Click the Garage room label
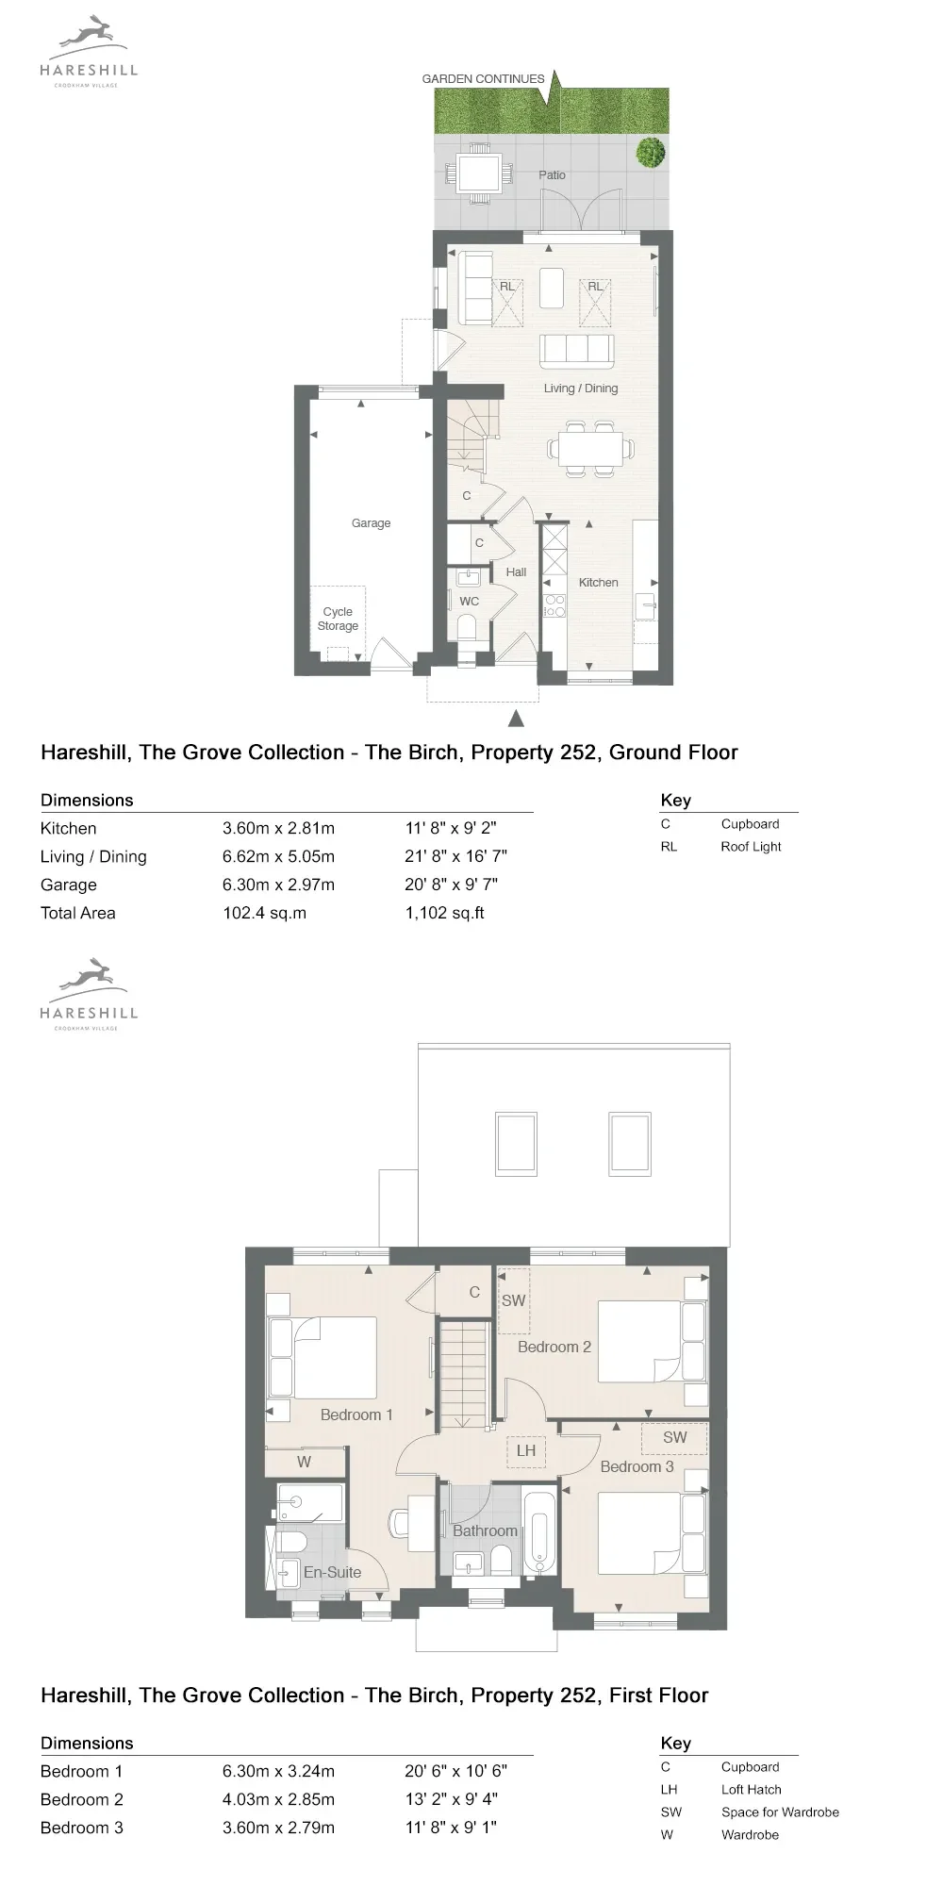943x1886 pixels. pos(371,523)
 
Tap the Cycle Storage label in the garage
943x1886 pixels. pos(338,619)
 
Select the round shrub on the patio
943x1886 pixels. pos(651,152)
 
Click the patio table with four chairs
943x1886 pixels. pos(480,173)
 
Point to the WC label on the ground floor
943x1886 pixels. pos(469,602)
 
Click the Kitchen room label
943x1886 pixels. pos(598,583)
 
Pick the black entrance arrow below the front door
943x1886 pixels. pos(515,719)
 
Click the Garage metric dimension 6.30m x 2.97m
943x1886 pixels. pos(278,885)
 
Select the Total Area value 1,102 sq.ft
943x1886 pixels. pos(444,913)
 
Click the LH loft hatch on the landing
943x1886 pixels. pos(525,1450)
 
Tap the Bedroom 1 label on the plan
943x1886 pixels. pos(356,1414)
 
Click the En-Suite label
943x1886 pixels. pos(332,1572)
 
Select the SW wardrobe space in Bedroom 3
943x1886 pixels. pos(674,1438)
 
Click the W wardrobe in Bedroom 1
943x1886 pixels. pos(304,1462)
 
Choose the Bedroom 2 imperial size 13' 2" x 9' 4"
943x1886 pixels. pos(455,1799)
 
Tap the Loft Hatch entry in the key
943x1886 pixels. pos(751,1790)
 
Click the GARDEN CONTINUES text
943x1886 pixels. pos(483,79)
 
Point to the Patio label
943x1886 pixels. pos(552,174)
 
